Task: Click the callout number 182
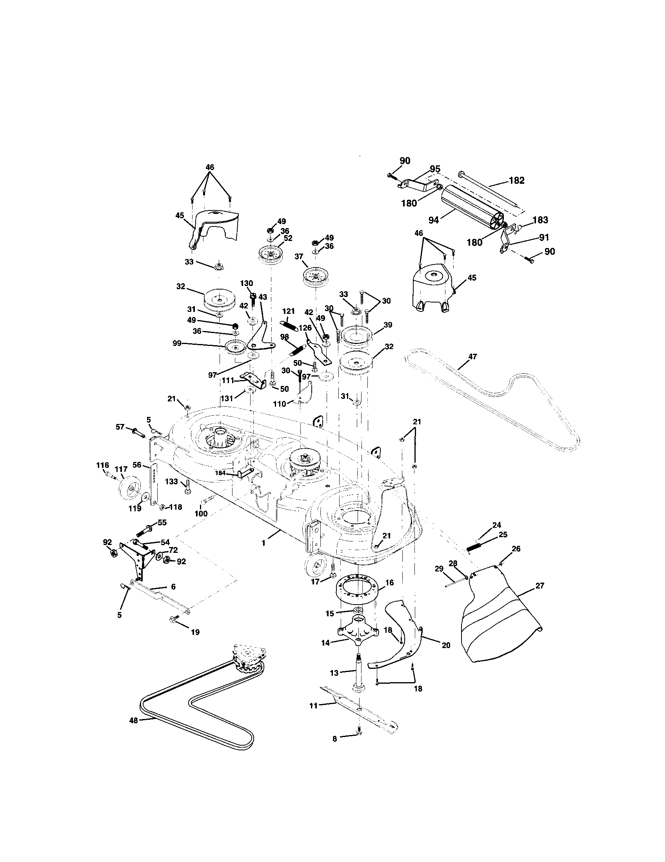point(516,181)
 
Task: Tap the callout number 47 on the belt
point(473,357)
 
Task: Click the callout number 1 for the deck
point(263,543)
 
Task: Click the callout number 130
point(246,283)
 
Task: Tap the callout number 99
point(177,343)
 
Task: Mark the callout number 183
point(540,220)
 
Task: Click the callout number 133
point(171,482)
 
